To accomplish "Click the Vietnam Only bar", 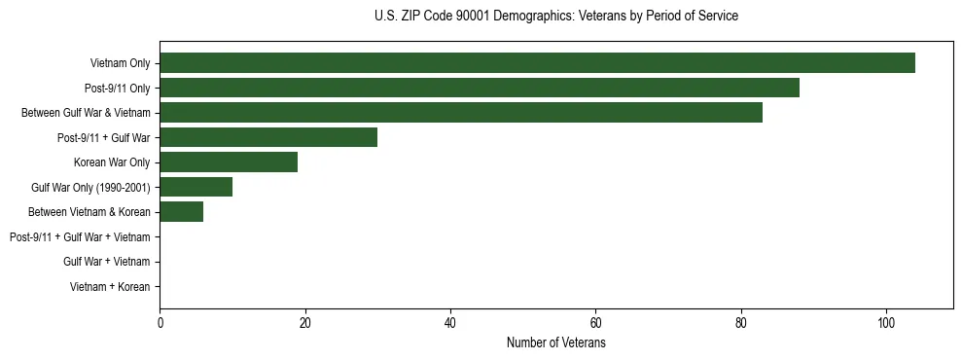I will click(x=537, y=63).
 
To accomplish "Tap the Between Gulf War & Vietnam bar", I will click(x=461, y=113).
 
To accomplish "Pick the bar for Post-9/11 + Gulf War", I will click(x=268, y=137).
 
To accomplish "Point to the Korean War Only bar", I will click(x=229, y=162).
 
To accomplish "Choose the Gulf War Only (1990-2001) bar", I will click(x=196, y=187).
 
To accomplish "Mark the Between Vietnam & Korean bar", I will click(x=181, y=212).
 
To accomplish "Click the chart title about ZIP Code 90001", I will click(x=555, y=17).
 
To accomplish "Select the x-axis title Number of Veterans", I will click(x=555, y=343).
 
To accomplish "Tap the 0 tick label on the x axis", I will click(x=160, y=324).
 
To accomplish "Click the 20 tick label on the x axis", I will click(x=304, y=324).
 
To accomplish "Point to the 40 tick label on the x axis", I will click(x=450, y=324).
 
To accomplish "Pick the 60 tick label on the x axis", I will click(x=595, y=324).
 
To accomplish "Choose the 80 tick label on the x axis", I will click(x=741, y=324).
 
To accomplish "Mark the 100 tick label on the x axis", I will click(x=886, y=324).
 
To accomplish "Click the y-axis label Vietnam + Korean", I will click(x=110, y=287).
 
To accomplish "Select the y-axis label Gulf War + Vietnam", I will click(x=106, y=262).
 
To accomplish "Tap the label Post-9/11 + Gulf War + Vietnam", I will click(x=80, y=237).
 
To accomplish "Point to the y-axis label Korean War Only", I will click(x=112, y=162).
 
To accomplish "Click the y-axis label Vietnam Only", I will click(x=120, y=63).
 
